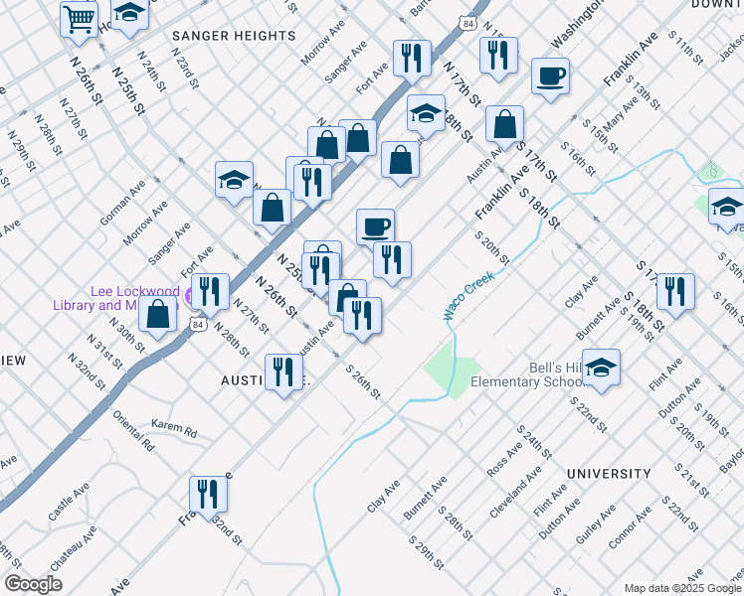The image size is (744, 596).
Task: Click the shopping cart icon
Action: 79,18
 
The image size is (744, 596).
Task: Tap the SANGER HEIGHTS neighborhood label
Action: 234,36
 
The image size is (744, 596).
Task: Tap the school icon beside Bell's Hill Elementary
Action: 601,368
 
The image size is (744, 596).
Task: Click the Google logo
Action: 33,584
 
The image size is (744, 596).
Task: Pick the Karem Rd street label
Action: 175,430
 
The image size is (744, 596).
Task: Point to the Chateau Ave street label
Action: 75,546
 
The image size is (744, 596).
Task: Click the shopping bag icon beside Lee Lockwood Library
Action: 158,315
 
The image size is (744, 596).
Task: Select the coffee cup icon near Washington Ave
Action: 550,75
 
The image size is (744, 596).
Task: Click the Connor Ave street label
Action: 630,525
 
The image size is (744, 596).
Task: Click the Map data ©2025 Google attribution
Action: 682,587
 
